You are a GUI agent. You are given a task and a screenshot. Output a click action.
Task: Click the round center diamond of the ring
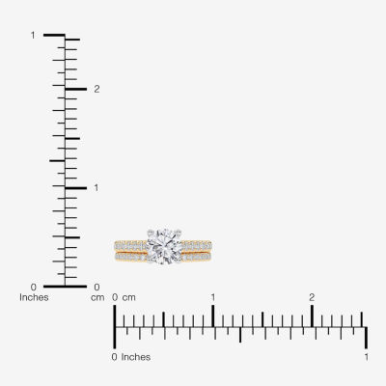pyautogui.click(x=164, y=247)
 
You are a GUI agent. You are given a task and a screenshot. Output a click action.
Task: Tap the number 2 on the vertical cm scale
pyautogui.click(x=96, y=89)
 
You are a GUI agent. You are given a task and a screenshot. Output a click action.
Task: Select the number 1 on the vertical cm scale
pyautogui.click(x=96, y=187)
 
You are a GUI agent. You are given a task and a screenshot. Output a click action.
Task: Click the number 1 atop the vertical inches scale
pyautogui.click(x=33, y=35)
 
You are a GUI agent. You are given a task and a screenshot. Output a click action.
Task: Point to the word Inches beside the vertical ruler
pyautogui.click(x=34, y=297)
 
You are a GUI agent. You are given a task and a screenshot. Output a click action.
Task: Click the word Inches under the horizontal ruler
pyautogui.click(x=136, y=357)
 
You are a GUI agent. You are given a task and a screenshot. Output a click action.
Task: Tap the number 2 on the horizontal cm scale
pyautogui.click(x=312, y=297)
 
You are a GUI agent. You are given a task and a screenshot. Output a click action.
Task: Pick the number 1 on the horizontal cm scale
pyautogui.click(x=213, y=297)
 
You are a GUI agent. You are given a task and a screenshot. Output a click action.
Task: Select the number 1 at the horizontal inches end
pyautogui.click(x=367, y=357)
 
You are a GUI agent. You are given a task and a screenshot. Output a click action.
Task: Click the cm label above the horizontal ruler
pyautogui.click(x=129, y=297)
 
